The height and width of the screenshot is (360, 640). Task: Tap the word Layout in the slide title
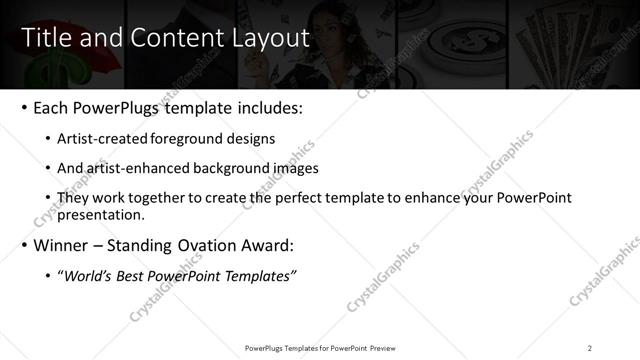tap(269, 38)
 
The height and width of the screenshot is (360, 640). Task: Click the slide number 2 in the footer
tap(589, 347)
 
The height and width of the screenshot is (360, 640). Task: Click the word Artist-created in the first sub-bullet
tap(105, 139)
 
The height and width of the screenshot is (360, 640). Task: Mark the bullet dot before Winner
tap(23, 245)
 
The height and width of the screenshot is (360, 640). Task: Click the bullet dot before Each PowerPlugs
tap(23, 107)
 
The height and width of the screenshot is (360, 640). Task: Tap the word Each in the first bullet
tap(51, 107)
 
